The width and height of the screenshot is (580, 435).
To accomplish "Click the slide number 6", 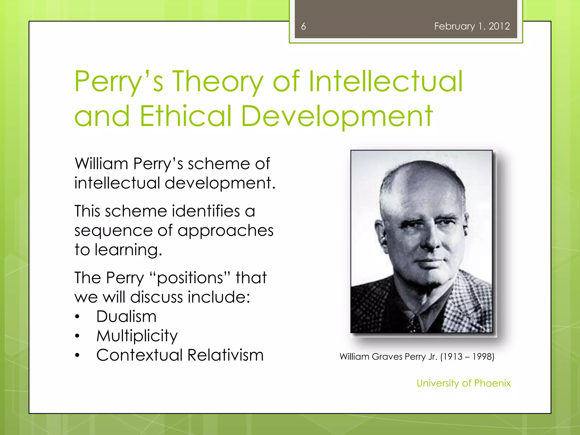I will (x=303, y=26).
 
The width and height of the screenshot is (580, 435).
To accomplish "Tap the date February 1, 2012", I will (x=472, y=26).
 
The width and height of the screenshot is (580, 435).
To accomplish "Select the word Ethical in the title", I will (x=185, y=116).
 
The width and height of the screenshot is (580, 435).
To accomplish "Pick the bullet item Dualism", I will (x=126, y=316).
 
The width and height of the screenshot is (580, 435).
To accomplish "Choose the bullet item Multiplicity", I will (x=137, y=336).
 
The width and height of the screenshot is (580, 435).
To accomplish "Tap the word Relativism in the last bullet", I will (x=225, y=355).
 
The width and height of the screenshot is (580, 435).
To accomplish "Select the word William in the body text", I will (x=101, y=164).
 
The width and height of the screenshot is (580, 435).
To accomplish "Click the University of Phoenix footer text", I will (x=463, y=383).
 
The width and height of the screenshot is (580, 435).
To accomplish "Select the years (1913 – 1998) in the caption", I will (x=467, y=357).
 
